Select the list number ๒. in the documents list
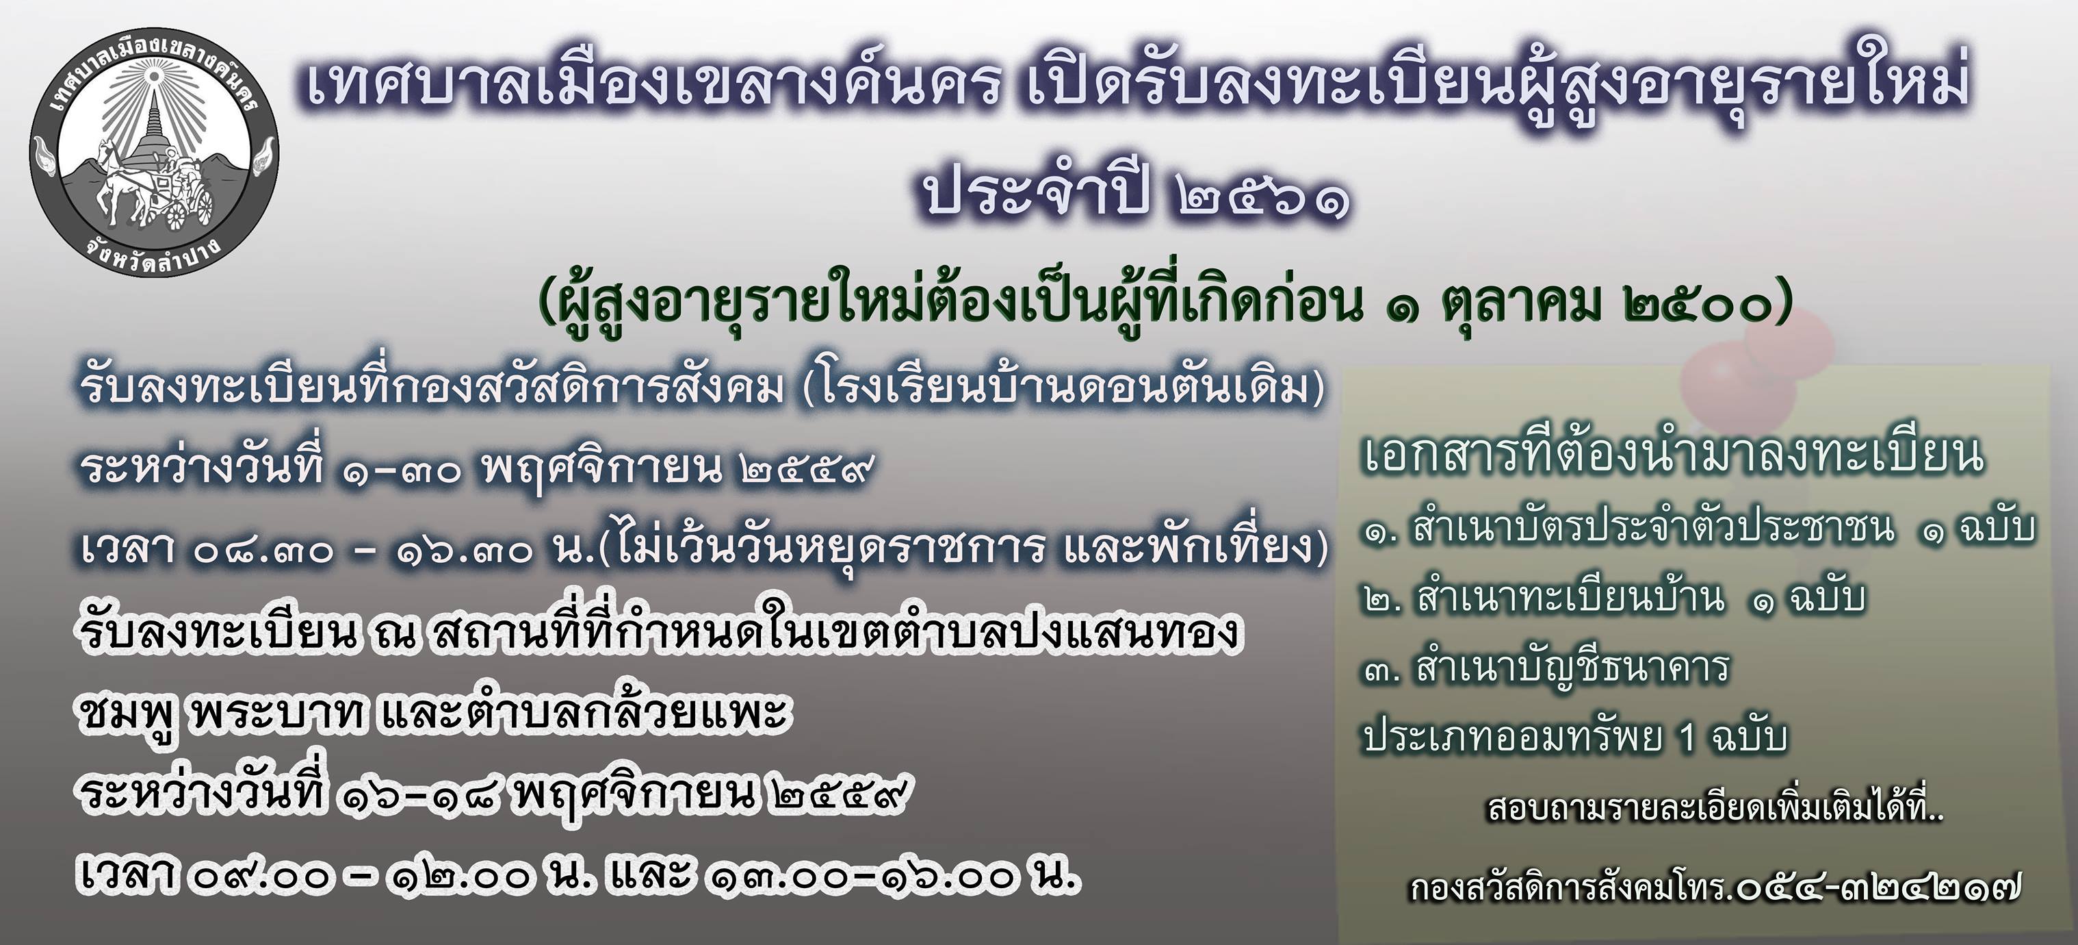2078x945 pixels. pyautogui.click(x=1383, y=601)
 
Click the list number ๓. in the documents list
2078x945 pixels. pyautogui.click(x=1383, y=670)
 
